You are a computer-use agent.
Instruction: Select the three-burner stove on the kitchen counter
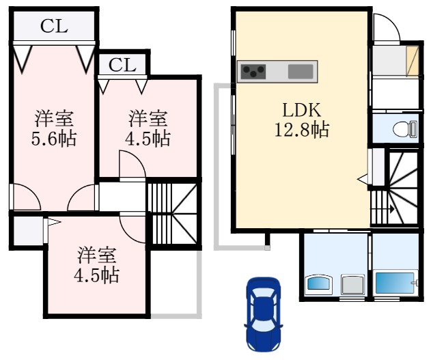click(253, 71)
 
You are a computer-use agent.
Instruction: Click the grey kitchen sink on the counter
click(301, 71)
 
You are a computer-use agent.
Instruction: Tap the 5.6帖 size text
click(53, 139)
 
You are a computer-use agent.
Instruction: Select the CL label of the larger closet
click(53, 27)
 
